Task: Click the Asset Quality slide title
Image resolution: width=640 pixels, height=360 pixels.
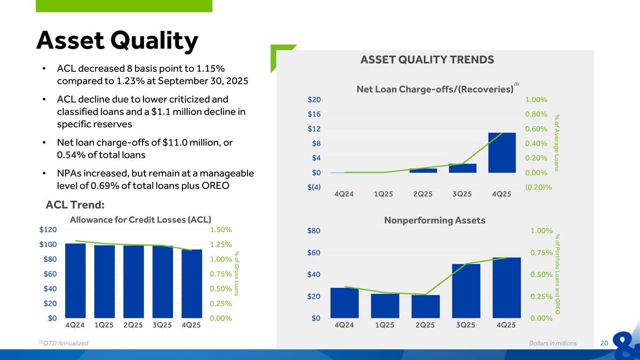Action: [117, 41]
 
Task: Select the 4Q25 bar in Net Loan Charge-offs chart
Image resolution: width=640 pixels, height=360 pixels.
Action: [502, 152]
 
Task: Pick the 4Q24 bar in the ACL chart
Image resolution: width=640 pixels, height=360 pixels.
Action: [75, 280]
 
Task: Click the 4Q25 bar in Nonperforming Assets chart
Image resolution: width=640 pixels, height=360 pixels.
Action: [506, 287]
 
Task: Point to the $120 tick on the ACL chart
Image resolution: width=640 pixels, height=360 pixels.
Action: [49, 230]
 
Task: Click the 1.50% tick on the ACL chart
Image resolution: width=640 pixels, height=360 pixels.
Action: [221, 230]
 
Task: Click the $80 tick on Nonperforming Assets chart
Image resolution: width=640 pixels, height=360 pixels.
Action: [314, 231]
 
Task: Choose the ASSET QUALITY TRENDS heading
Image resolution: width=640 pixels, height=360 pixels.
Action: [427, 60]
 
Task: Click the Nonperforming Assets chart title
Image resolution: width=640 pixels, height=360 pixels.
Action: [435, 220]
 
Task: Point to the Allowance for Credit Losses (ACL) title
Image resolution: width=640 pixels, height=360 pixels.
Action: [141, 219]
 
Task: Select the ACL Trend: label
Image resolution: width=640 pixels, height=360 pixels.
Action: [75, 205]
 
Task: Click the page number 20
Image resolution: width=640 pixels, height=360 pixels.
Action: [604, 343]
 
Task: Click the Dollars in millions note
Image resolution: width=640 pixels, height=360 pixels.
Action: [552, 343]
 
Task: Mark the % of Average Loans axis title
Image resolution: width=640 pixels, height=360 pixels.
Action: [557, 142]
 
